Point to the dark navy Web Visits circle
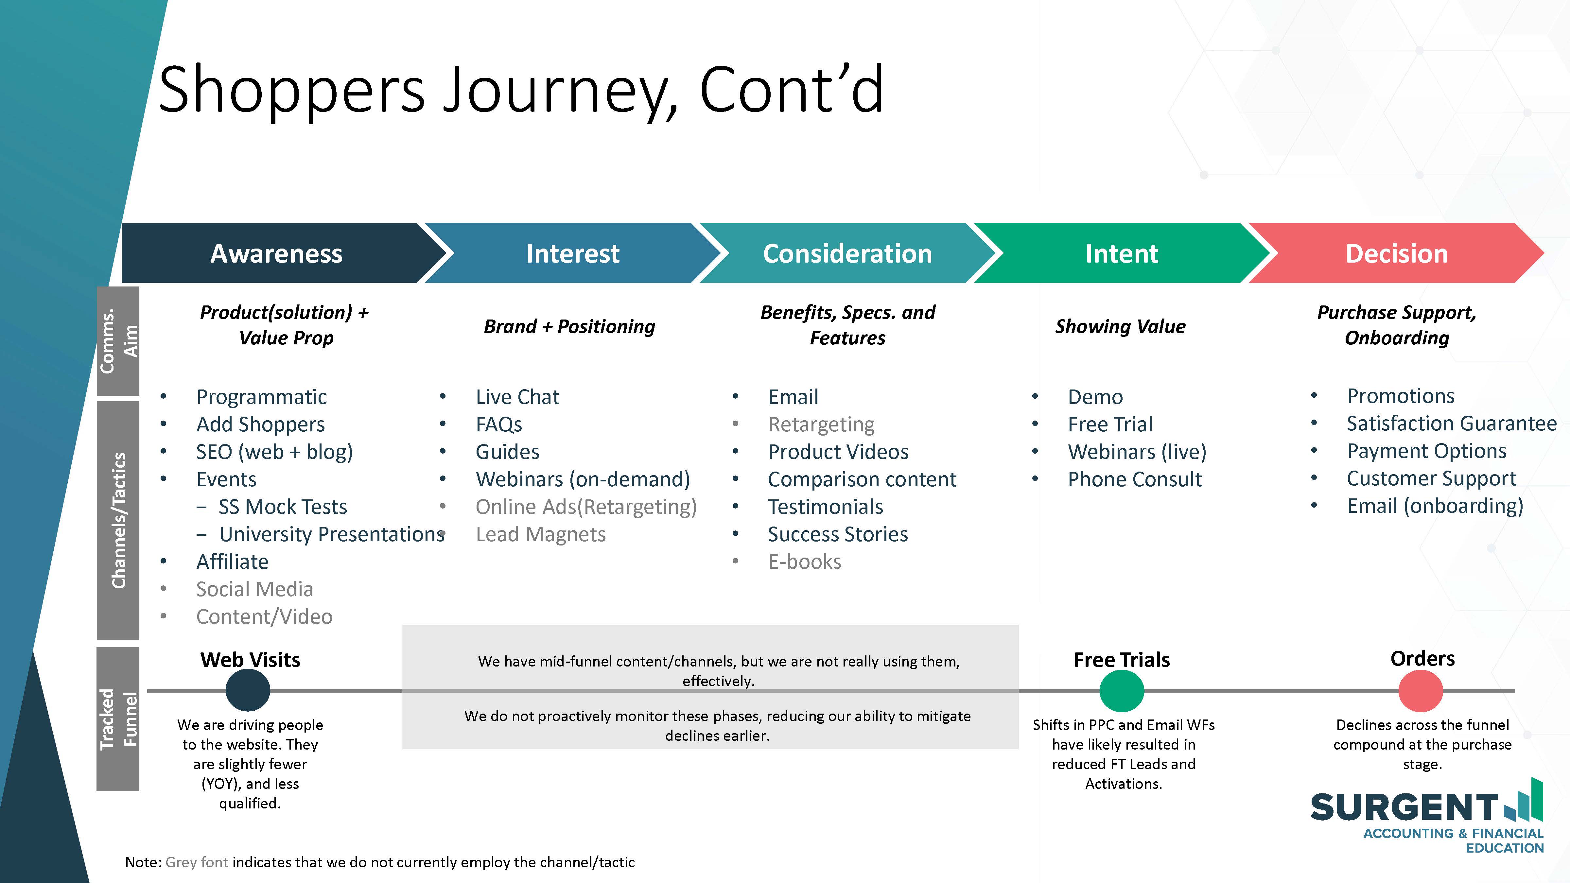[x=248, y=690]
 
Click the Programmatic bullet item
[x=261, y=397]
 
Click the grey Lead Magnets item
[x=541, y=534]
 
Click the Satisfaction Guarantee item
[x=1451, y=424]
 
